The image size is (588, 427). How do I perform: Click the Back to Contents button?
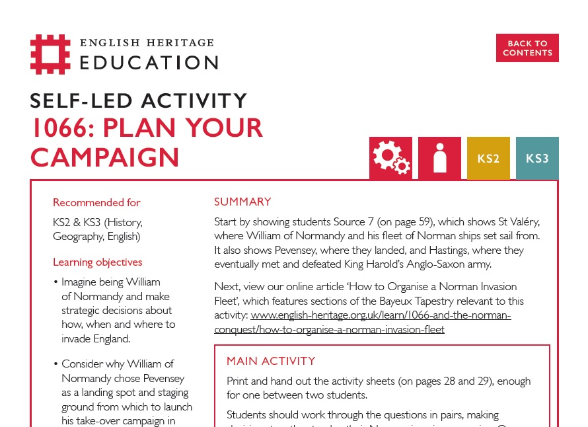click(x=527, y=48)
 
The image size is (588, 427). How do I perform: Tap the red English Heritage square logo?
click(x=50, y=54)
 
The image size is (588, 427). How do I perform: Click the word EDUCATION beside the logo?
click(x=149, y=63)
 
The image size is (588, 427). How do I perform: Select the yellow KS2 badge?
click(x=488, y=158)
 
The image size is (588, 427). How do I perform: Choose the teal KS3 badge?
click(x=537, y=158)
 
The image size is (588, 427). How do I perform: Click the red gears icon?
click(x=390, y=158)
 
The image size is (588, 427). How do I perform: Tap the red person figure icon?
click(x=439, y=158)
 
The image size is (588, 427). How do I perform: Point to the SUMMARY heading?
click(x=242, y=202)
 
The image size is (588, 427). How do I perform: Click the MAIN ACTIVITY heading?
click(x=271, y=361)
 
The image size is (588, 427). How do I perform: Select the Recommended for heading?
click(x=96, y=202)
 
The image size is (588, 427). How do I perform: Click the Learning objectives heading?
click(x=97, y=262)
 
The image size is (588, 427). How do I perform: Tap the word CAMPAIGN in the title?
click(x=105, y=158)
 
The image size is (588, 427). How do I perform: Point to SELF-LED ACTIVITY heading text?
click(x=139, y=100)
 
